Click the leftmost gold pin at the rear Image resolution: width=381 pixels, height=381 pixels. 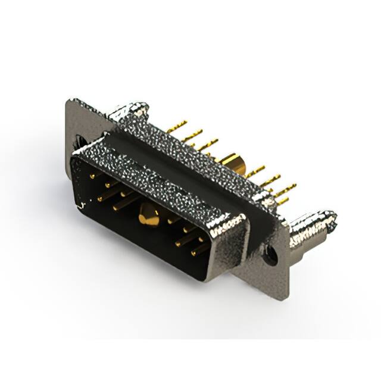click(176, 126)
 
